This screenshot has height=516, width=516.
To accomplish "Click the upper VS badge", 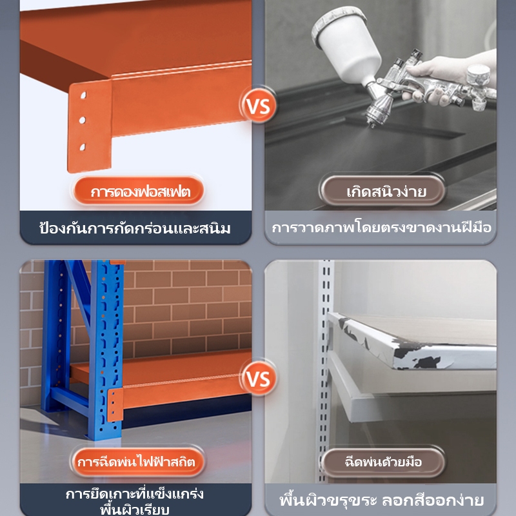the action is [259, 106].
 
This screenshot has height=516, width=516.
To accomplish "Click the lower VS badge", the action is [259, 378].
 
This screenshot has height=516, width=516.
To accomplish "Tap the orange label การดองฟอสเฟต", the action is [139, 191].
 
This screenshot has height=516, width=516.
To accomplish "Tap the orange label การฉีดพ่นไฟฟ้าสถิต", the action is [137, 462].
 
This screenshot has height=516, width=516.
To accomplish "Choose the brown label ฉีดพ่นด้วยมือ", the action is [383, 462].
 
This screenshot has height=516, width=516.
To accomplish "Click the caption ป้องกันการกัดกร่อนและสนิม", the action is [135, 228].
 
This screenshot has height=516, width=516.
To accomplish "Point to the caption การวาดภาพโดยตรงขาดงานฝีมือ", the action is [382, 228].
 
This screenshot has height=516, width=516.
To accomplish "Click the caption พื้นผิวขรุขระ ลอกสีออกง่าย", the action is [382, 499].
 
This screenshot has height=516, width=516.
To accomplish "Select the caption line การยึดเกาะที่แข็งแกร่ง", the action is [135, 493].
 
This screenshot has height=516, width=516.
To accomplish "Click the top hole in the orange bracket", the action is [83, 95].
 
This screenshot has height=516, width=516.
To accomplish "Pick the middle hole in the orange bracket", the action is [83, 120].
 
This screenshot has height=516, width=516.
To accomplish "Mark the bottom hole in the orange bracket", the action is [83, 147].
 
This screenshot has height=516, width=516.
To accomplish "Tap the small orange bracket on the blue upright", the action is [115, 405].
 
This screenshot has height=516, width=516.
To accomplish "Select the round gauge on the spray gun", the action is [478, 75].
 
